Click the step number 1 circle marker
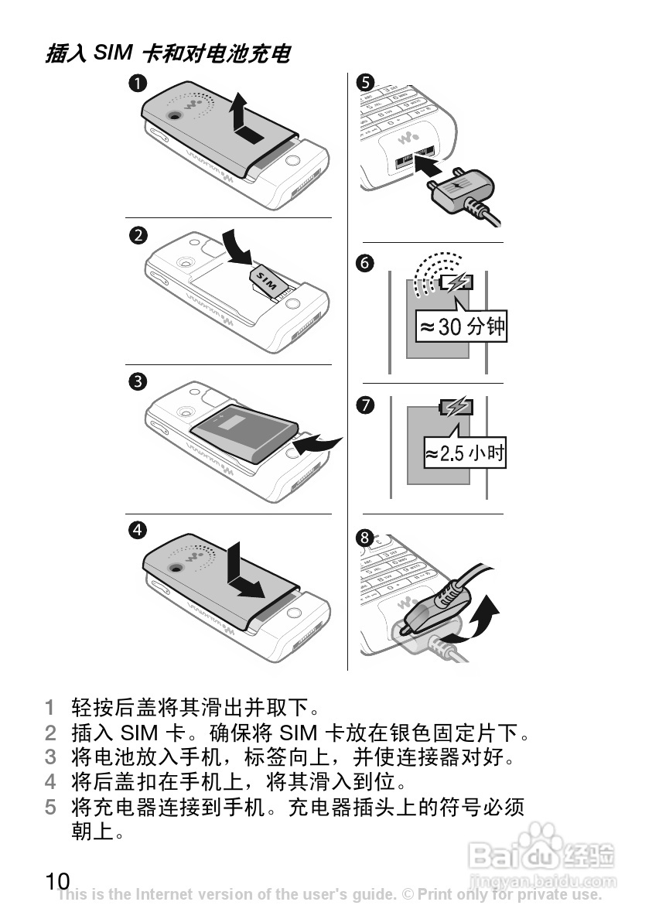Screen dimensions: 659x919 [137, 84]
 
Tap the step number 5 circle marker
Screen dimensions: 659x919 [366, 82]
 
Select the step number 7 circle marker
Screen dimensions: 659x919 [366, 405]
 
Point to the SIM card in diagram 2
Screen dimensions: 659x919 [268, 281]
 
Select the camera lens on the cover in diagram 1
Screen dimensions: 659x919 [175, 114]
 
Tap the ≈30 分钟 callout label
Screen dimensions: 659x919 [461, 326]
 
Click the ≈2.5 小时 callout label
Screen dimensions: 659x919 [465, 453]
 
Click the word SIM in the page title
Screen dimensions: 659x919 [113, 52]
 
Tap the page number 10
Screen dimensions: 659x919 [57, 881]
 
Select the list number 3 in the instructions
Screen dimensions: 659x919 [50, 757]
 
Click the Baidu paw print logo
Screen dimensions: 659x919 [535, 838]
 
